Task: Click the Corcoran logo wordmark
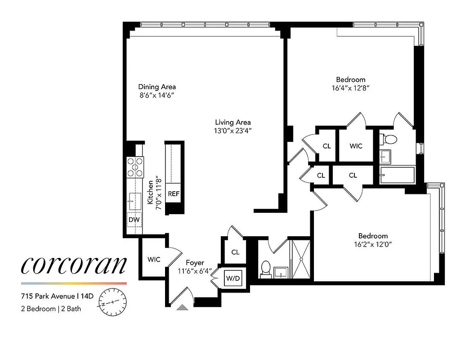pyautogui.click(x=74, y=266)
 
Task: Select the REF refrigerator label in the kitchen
pyautogui.click(x=174, y=194)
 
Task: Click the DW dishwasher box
pyautogui.click(x=134, y=220)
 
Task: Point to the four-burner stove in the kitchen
pyautogui.click(x=135, y=166)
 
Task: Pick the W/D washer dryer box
pyautogui.click(x=233, y=279)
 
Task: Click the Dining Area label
pyautogui.click(x=157, y=87)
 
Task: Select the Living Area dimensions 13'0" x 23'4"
pyautogui.click(x=232, y=131)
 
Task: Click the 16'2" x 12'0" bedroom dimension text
pyautogui.click(x=373, y=245)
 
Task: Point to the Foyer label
pyautogui.click(x=195, y=262)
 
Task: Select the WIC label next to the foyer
pyautogui.click(x=154, y=260)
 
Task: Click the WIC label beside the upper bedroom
pyautogui.click(x=356, y=146)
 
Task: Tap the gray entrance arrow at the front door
pyautogui.click(x=182, y=307)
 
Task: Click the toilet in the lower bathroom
pyautogui.click(x=266, y=268)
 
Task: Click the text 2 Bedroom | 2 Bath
pyautogui.click(x=50, y=309)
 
